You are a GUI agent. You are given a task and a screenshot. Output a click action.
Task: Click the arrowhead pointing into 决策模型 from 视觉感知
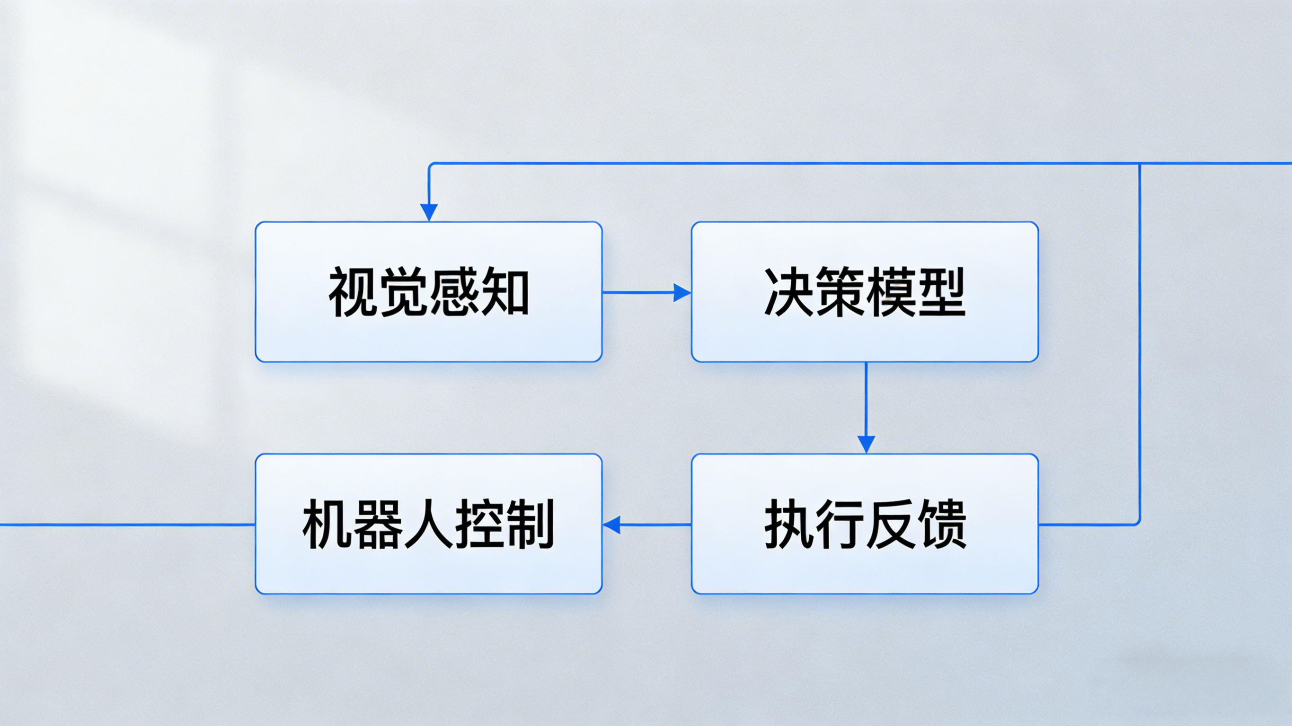click(682, 292)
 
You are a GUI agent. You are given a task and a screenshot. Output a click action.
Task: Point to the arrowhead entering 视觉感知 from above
click(429, 212)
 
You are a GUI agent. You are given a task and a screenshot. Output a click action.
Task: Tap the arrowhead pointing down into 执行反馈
click(866, 444)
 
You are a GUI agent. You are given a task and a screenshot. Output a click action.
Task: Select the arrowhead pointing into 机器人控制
click(611, 525)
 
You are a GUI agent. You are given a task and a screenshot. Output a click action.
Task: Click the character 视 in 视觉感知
click(353, 292)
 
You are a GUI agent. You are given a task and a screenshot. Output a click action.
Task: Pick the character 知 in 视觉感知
click(504, 292)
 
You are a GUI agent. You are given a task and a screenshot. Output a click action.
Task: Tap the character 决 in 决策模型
click(789, 292)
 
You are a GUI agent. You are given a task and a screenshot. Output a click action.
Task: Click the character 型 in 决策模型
click(941, 292)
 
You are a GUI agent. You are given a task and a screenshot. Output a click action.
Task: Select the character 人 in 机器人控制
click(428, 525)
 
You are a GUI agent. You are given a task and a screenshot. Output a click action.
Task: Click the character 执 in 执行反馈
click(789, 525)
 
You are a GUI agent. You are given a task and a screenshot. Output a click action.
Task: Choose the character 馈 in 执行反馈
click(941, 525)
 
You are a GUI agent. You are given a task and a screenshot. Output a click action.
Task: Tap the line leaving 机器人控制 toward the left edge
click(125, 525)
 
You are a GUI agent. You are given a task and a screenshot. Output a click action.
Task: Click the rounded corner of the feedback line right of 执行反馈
click(1138, 523)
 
